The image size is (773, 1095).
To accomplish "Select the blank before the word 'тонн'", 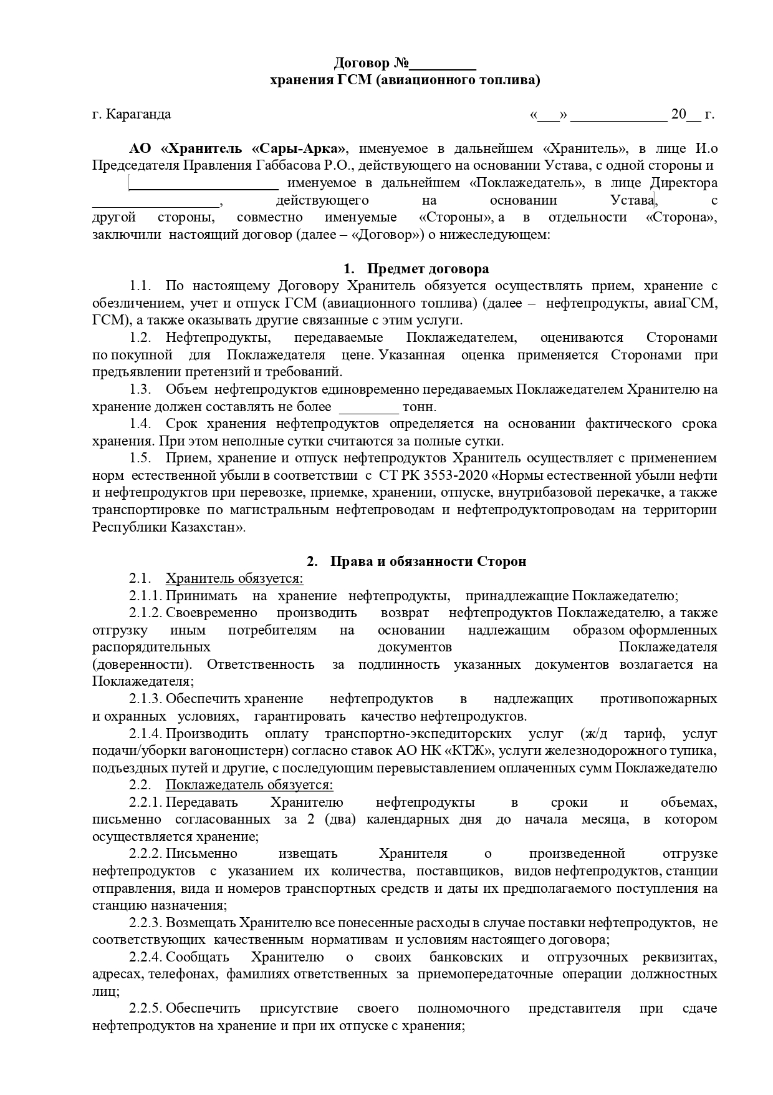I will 368,407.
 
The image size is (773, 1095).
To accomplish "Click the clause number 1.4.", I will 140,424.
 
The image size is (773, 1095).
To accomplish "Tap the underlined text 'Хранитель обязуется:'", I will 234,578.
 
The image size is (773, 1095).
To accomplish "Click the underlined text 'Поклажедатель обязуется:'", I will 249,785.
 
